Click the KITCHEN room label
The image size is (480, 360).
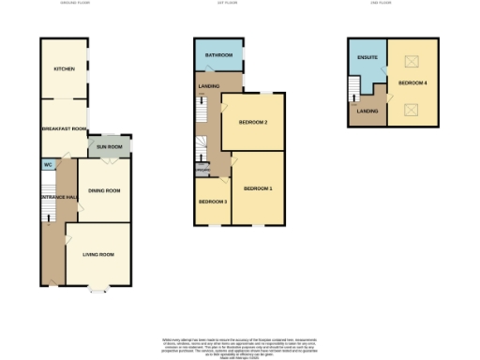point(64,69)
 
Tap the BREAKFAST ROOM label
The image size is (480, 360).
point(64,128)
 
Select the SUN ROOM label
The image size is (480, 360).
point(110,147)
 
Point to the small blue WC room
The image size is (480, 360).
point(47,165)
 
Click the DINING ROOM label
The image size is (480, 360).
point(104,190)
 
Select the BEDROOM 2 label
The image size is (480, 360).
point(253,122)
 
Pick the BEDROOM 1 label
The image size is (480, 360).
point(258,188)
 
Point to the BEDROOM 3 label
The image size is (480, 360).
point(212,202)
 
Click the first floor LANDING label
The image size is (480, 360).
point(209,86)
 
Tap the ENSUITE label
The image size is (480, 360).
point(367,58)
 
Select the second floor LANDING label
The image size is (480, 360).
point(367,112)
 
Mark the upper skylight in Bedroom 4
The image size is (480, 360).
point(411,62)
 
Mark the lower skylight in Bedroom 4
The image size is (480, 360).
point(411,109)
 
